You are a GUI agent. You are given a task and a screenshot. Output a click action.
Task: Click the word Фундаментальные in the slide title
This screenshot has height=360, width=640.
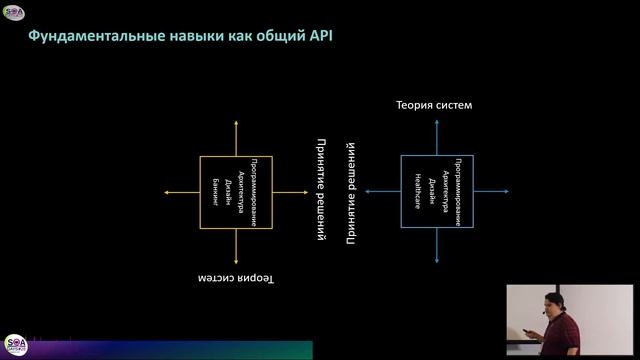click(x=82, y=38)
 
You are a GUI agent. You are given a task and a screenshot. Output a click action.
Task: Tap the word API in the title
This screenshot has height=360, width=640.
click(x=319, y=38)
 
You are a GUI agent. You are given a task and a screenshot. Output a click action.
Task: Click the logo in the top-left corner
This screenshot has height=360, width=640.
click(x=13, y=12)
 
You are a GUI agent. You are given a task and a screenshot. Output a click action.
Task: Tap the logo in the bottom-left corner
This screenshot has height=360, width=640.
click(x=15, y=344)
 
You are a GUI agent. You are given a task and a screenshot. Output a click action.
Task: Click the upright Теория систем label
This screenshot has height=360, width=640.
click(x=433, y=105)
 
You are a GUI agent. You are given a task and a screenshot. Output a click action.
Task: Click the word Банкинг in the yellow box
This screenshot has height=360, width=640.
click(x=214, y=192)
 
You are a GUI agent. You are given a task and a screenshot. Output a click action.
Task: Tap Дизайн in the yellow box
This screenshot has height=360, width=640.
click(x=228, y=192)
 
